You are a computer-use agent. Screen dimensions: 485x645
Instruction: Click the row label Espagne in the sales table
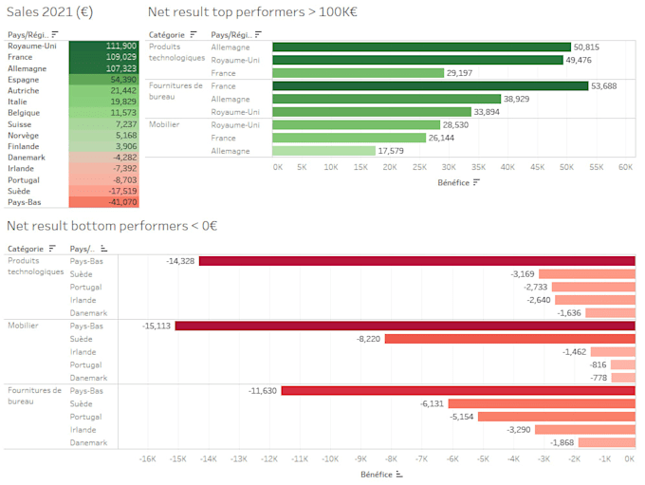click(x=23, y=80)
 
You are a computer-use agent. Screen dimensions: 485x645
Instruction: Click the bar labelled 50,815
click(x=421, y=47)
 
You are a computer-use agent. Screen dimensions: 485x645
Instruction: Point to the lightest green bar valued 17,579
click(x=323, y=150)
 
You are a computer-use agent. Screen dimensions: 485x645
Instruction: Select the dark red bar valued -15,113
click(x=405, y=326)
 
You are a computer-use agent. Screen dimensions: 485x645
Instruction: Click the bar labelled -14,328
click(x=416, y=260)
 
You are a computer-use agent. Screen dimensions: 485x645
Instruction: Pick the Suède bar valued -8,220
click(x=509, y=339)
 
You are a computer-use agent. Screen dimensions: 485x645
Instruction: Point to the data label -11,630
click(x=262, y=390)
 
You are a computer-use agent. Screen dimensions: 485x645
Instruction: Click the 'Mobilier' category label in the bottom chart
click(x=23, y=326)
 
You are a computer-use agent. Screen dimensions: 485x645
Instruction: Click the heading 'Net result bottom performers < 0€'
click(x=112, y=226)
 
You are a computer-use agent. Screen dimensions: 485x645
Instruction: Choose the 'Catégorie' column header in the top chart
click(x=167, y=34)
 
